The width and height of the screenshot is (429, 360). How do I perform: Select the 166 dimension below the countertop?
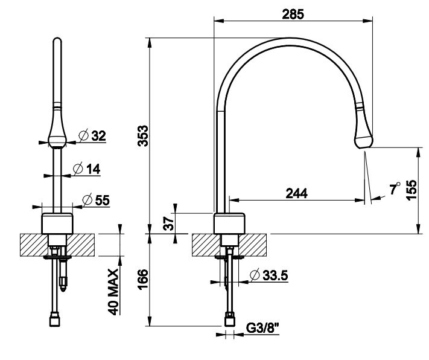(143, 280)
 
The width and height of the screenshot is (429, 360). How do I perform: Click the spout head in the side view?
(364, 134)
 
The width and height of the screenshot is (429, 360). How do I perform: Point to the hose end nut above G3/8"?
(230, 317)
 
